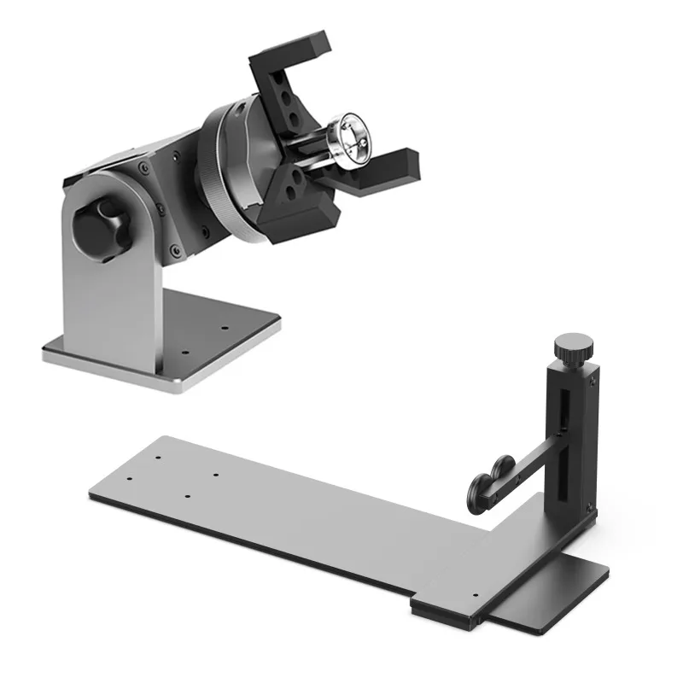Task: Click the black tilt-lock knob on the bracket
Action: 102,227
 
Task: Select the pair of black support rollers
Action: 490,481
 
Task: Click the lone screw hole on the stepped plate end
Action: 475,594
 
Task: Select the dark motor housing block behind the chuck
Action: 154,171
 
